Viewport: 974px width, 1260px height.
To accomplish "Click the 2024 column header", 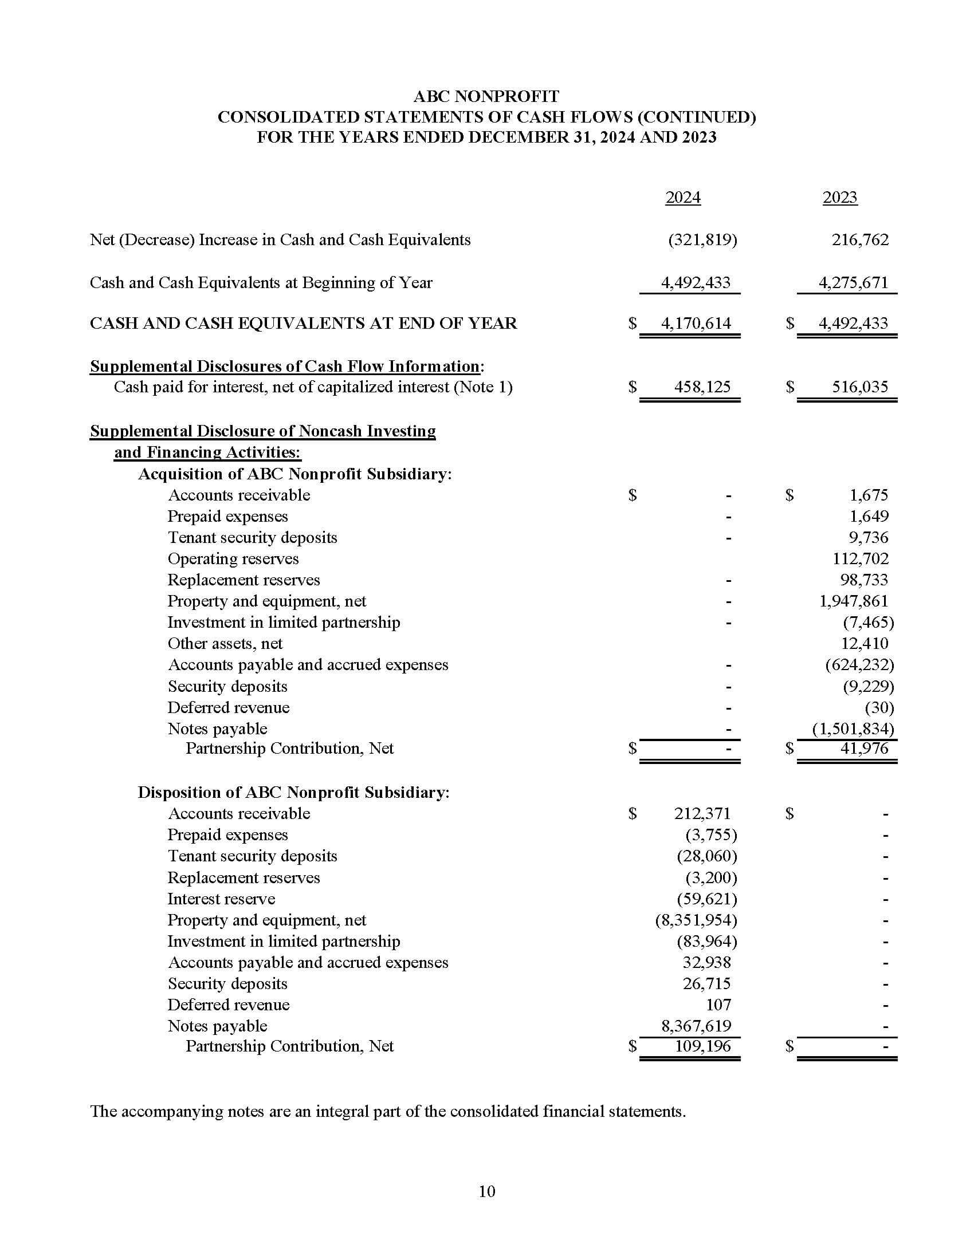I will pyautogui.click(x=682, y=198).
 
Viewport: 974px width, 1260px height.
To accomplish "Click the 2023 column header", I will pyautogui.click(x=839, y=198).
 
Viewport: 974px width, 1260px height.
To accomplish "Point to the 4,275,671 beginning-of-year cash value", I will pyautogui.click(x=854, y=283).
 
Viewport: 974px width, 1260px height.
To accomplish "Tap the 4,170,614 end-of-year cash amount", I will pyautogui.click(x=696, y=323).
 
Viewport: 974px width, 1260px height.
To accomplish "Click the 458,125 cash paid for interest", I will pyautogui.click(x=702, y=387).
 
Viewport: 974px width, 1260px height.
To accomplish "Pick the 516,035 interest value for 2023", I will pyautogui.click(x=860, y=387).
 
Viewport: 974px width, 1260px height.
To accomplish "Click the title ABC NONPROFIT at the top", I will pyautogui.click(x=486, y=96).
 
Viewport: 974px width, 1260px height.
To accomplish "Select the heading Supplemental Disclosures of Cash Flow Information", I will pyautogui.click(x=285, y=367).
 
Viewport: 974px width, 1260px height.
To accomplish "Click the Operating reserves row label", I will pyautogui.click(x=233, y=558).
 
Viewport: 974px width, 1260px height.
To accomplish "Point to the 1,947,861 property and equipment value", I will pyautogui.click(x=854, y=601).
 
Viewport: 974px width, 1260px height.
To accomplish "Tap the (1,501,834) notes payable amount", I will pyautogui.click(x=853, y=729).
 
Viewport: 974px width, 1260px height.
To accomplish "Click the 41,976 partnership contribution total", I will pyautogui.click(x=864, y=749).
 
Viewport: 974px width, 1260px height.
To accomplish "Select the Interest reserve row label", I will pyautogui.click(x=221, y=899).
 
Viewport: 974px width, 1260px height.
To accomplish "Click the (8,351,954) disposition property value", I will pyautogui.click(x=696, y=920).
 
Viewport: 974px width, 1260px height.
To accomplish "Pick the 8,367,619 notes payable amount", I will pyautogui.click(x=696, y=1026).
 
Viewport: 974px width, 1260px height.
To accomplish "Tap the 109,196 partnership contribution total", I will pyautogui.click(x=702, y=1046).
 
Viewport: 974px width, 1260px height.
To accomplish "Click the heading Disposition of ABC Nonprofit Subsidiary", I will pyautogui.click(x=293, y=793).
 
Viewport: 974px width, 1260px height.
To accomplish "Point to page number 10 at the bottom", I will pyautogui.click(x=486, y=1191).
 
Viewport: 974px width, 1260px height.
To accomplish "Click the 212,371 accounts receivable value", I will pyautogui.click(x=702, y=813).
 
